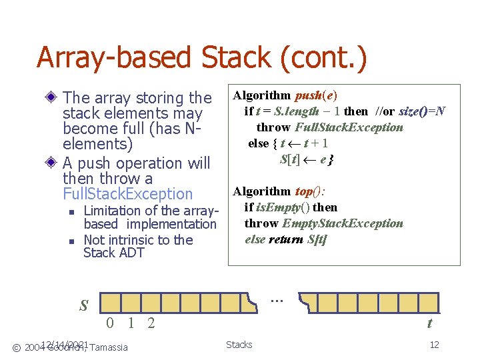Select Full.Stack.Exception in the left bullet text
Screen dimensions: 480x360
click(127, 194)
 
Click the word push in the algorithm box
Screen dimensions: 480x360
click(307, 95)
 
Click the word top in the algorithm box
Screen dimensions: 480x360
click(303, 191)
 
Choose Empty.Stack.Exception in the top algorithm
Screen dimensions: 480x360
click(343, 223)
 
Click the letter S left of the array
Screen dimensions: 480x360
click(84, 306)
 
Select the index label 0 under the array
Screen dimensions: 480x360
click(110, 324)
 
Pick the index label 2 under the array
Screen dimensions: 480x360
click(152, 324)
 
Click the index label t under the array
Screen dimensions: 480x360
click(429, 324)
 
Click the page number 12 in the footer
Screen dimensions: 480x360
click(434, 345)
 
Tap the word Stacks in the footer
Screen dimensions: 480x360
click(239, 345)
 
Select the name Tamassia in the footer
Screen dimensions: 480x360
click(109, 347)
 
